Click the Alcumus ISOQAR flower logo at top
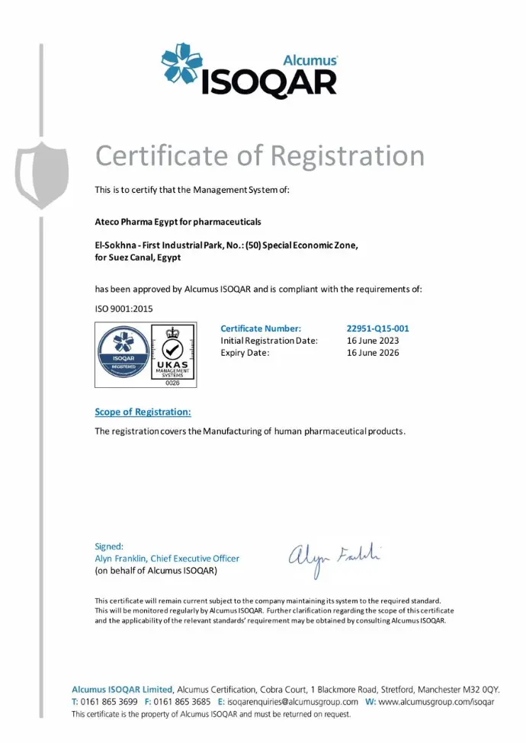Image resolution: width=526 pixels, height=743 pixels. coord(182,65)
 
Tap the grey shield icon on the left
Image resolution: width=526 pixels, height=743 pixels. coord(42,175)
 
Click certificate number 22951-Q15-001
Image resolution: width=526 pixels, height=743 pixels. coord(377,328)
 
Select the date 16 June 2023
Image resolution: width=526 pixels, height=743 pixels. coord(373,341)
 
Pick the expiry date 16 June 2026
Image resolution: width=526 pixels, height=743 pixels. coord(373,353)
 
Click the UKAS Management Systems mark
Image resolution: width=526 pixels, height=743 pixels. coord(172,355)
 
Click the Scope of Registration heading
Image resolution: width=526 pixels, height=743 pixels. coord(143,412)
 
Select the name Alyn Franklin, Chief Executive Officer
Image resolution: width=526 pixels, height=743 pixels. coord(166,559)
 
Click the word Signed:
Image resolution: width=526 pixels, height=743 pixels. coord(108,546)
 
